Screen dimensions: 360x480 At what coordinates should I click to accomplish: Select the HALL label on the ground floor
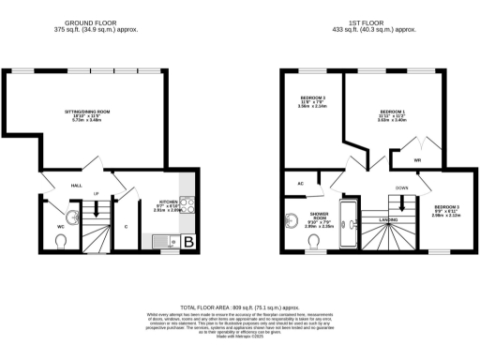coord(77,186)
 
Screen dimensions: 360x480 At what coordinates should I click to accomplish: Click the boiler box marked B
coord(187,243)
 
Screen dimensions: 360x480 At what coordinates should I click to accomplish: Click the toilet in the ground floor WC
coord(62,243)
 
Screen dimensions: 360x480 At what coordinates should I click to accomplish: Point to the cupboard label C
coord(126,225)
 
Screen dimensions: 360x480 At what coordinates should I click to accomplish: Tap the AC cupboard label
coord(301,183)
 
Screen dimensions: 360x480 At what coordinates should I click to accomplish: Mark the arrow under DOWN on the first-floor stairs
coord(400,195)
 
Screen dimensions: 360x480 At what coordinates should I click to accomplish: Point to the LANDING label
coord(388,220)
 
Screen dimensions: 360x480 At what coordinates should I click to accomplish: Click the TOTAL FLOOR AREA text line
coord(239,307)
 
